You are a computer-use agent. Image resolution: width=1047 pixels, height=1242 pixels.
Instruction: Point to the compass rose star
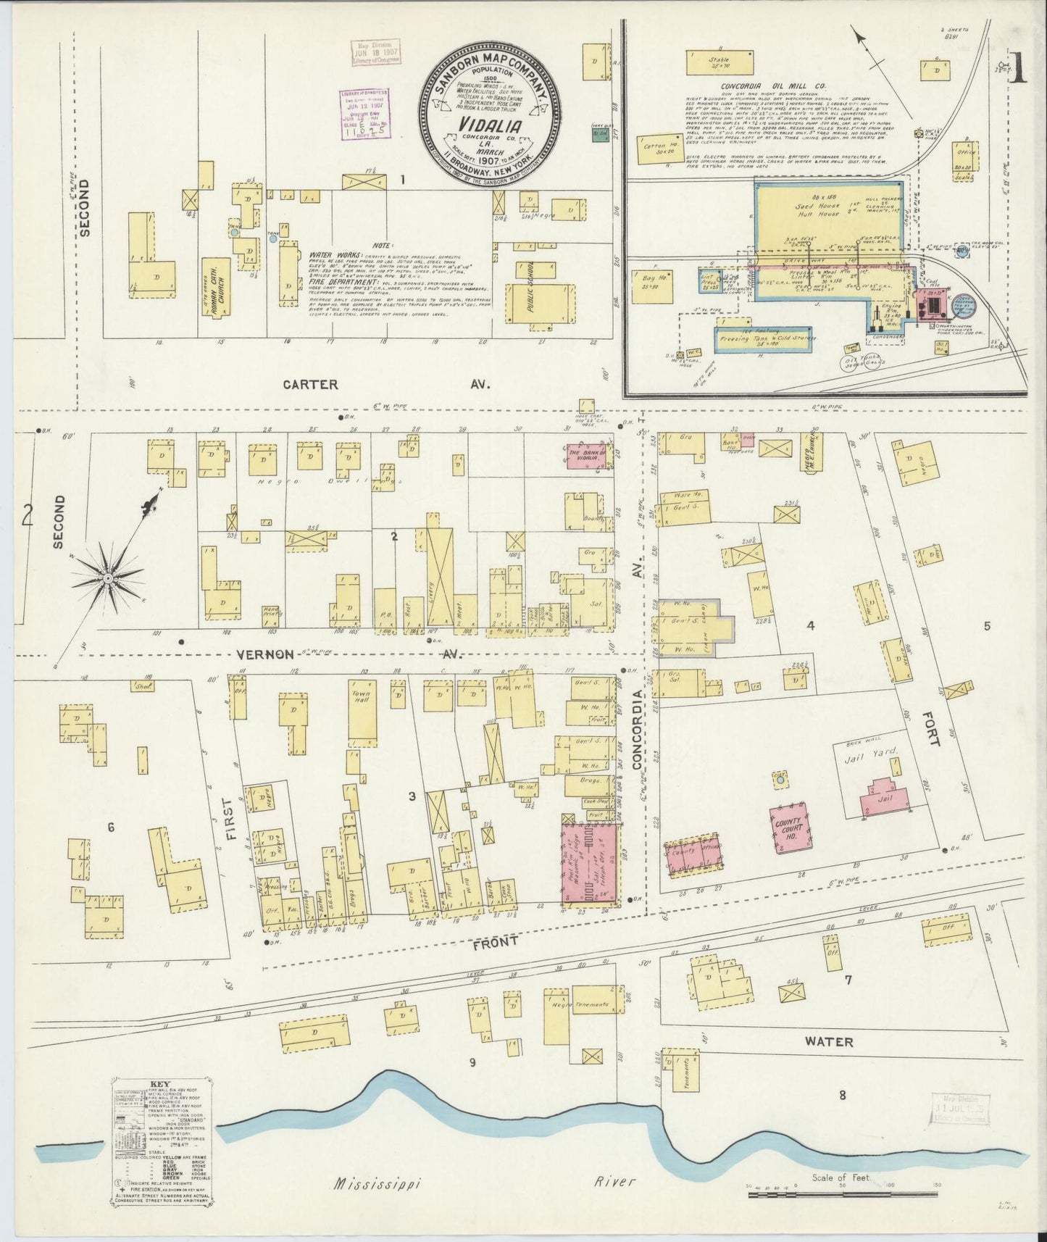tap(108, 578)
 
